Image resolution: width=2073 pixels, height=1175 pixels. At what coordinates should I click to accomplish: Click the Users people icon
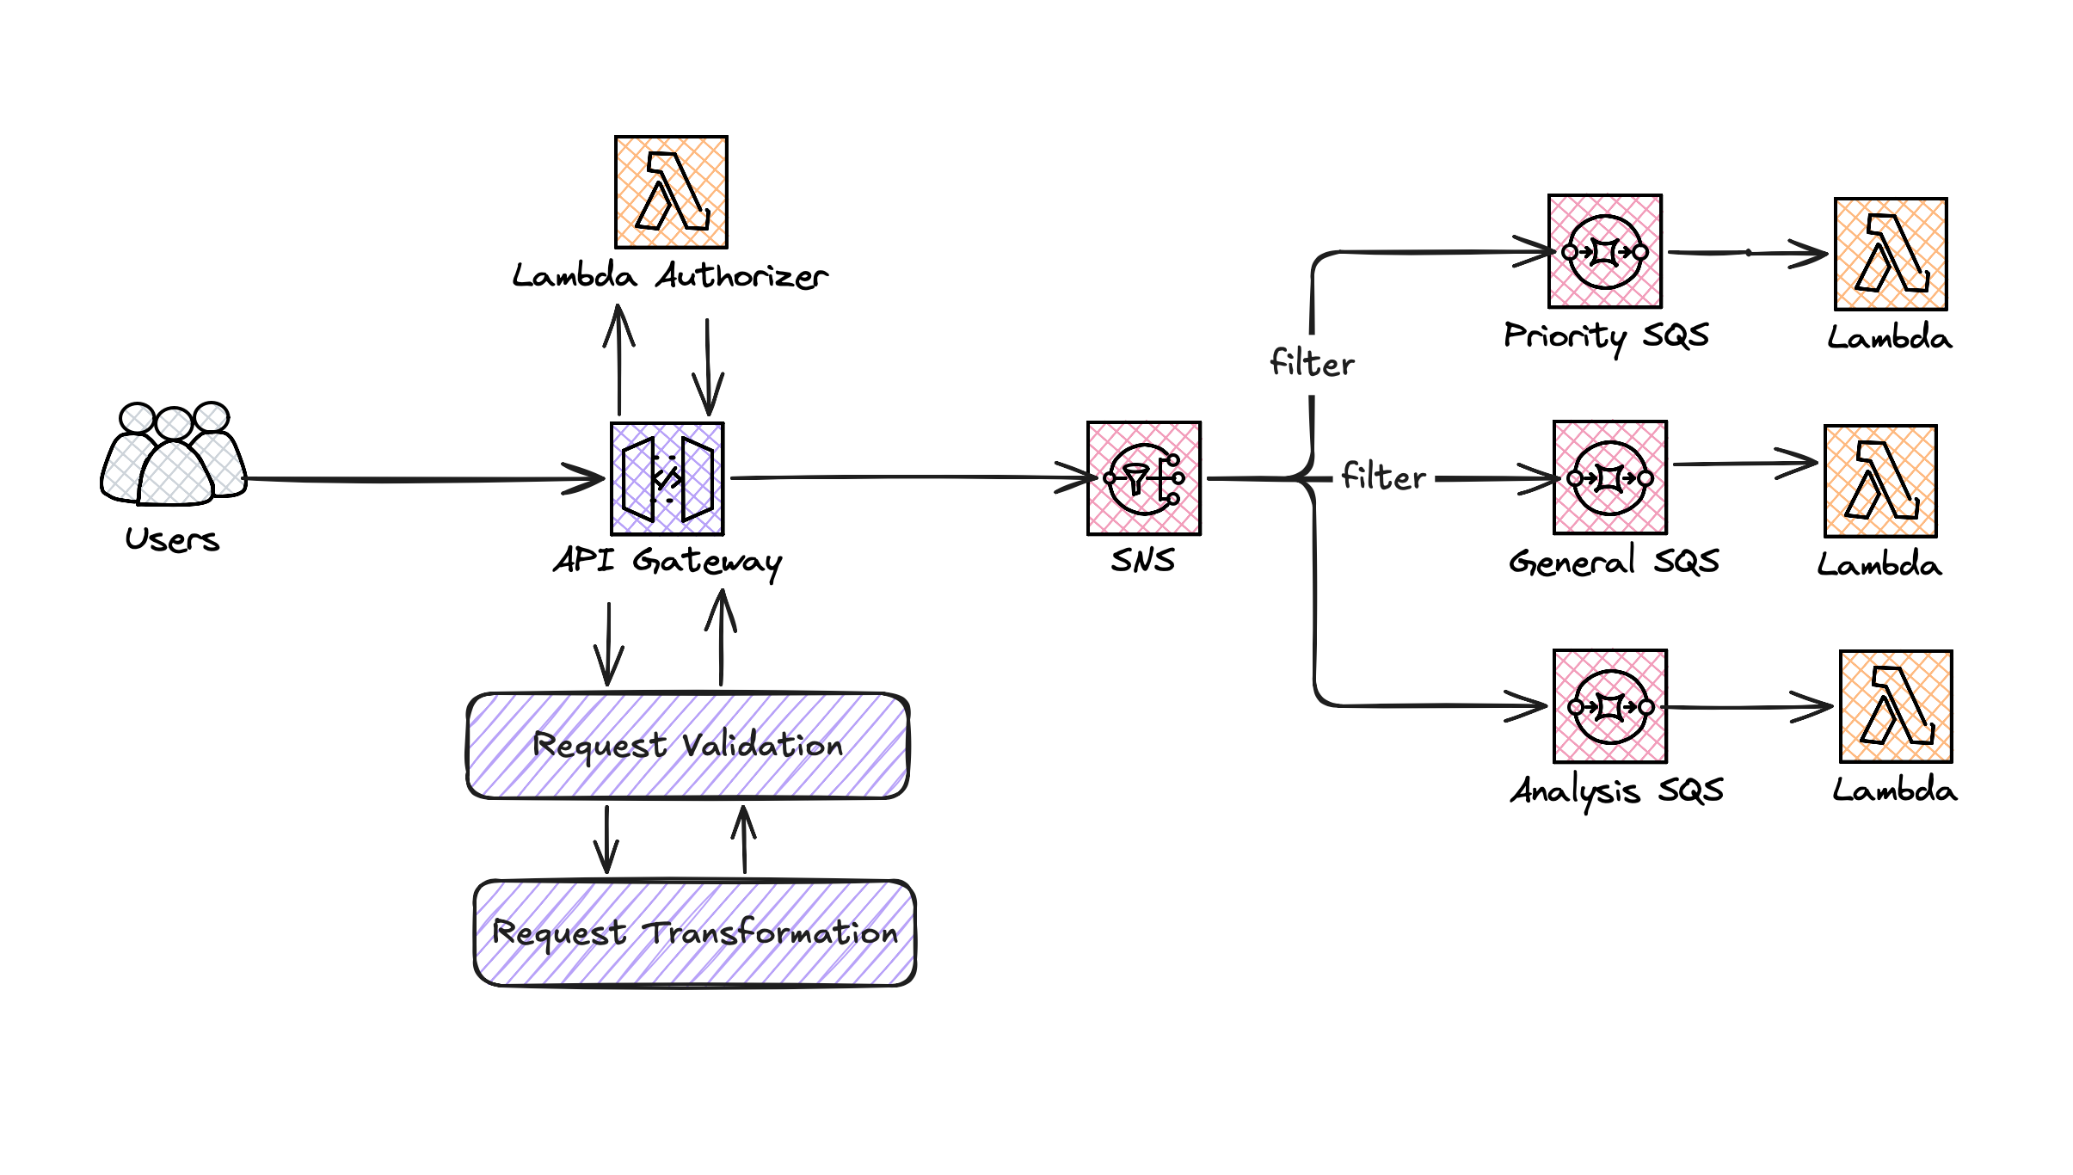[x=174, y=454]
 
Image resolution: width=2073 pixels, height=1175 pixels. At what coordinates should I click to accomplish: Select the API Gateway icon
[x=667, y=478]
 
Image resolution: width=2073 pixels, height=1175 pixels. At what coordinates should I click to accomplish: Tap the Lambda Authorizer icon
[x=671, y=192]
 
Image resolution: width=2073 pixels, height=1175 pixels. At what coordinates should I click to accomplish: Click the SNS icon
[x=1144, y=478]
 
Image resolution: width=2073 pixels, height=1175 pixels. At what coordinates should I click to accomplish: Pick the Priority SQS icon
[x=1605, y=251]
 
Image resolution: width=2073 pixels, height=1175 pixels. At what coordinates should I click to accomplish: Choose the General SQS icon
[x=1610, y=477]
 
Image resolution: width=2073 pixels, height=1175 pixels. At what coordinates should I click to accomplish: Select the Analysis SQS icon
[x=1610, y=706]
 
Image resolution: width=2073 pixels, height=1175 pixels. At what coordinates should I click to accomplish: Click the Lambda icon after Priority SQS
[x=1891, y=254]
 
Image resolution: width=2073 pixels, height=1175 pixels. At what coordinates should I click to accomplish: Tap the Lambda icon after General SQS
[x=1881, y=481]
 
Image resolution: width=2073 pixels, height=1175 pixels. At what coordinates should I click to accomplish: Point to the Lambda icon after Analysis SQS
[x=1896, y=706]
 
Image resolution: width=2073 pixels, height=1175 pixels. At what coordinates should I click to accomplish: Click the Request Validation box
[x=687, y=746]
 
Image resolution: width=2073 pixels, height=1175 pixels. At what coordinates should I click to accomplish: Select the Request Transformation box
[x=694, y=933]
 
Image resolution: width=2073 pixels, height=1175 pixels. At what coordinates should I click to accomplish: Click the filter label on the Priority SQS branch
[x=1312, y=364]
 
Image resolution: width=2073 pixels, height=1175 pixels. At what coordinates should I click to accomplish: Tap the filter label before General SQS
[x=1383, y=477]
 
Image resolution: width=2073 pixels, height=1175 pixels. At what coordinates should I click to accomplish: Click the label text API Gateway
[x=667, y=562]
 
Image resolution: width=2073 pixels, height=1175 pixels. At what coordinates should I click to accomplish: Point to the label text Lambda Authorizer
[x=669, y=276]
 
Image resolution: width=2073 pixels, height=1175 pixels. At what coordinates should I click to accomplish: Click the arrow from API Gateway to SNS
[x=903, y=477]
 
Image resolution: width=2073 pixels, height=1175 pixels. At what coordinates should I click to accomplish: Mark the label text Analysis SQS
[x=1616, y=791]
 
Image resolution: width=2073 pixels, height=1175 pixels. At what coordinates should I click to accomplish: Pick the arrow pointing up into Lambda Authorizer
[x=619, y=361]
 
